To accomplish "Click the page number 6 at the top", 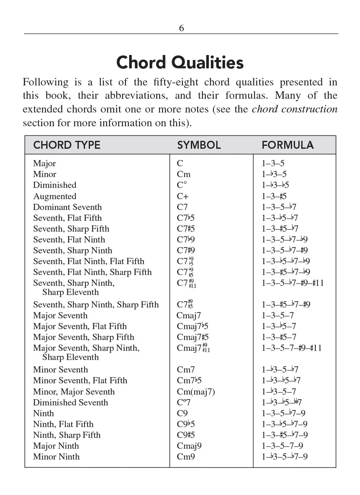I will pos(181,28).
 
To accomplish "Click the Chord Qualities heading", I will pos(180,62).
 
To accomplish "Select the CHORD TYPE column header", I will pos(67,145).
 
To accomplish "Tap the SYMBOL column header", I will pos(199,145).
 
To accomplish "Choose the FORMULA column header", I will pos(287,145).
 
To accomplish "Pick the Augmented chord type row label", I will pos(55,196).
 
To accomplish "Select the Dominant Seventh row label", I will pos(67,207).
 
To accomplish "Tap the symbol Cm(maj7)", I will pos(196,392).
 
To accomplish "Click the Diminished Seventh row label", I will pos(70,402).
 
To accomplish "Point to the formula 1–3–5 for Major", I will pos(273,164).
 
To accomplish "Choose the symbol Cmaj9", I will pos(189,446).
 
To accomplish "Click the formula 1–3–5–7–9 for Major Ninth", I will pos(282,446).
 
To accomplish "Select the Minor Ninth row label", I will pos(56,457).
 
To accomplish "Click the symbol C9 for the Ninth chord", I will pos(182,413).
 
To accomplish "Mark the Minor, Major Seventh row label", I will pos(74,392).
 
